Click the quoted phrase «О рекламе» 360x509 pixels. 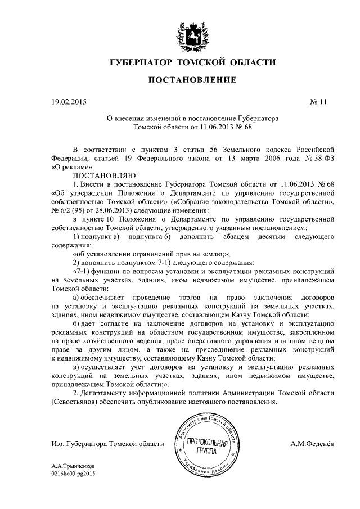click(x=71, y=167)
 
